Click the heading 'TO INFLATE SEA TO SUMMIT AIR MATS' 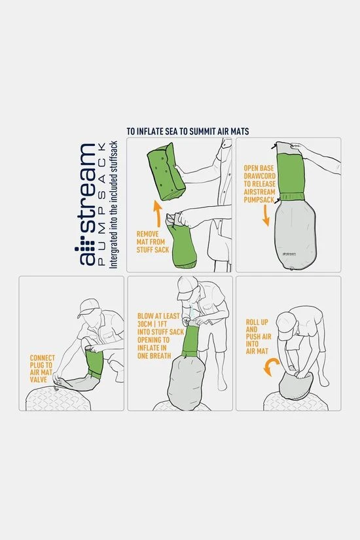[188, 131]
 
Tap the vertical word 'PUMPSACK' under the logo [101, 206]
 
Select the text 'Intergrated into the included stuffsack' [113, 205]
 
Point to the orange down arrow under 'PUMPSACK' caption [266, 216]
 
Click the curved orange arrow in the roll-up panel [271, 366]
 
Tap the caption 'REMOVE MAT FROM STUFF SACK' [153, 242]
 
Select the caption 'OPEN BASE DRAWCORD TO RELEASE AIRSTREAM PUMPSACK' [259, 184]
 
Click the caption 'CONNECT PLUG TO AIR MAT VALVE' [42, 369]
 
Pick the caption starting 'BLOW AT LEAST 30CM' [160, 335]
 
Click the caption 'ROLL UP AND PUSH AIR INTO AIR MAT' [259, 336]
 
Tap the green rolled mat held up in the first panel [166, 171]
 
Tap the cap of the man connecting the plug [88, 308]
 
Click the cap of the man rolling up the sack [287, 325]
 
